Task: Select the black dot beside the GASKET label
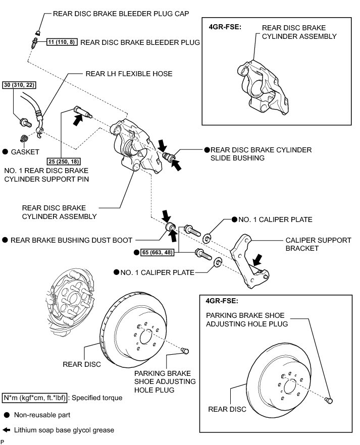(6, 151)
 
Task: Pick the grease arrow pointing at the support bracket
(257, 260)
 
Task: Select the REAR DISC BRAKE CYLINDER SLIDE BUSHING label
(261, 154)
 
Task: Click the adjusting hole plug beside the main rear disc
(185, 351)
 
